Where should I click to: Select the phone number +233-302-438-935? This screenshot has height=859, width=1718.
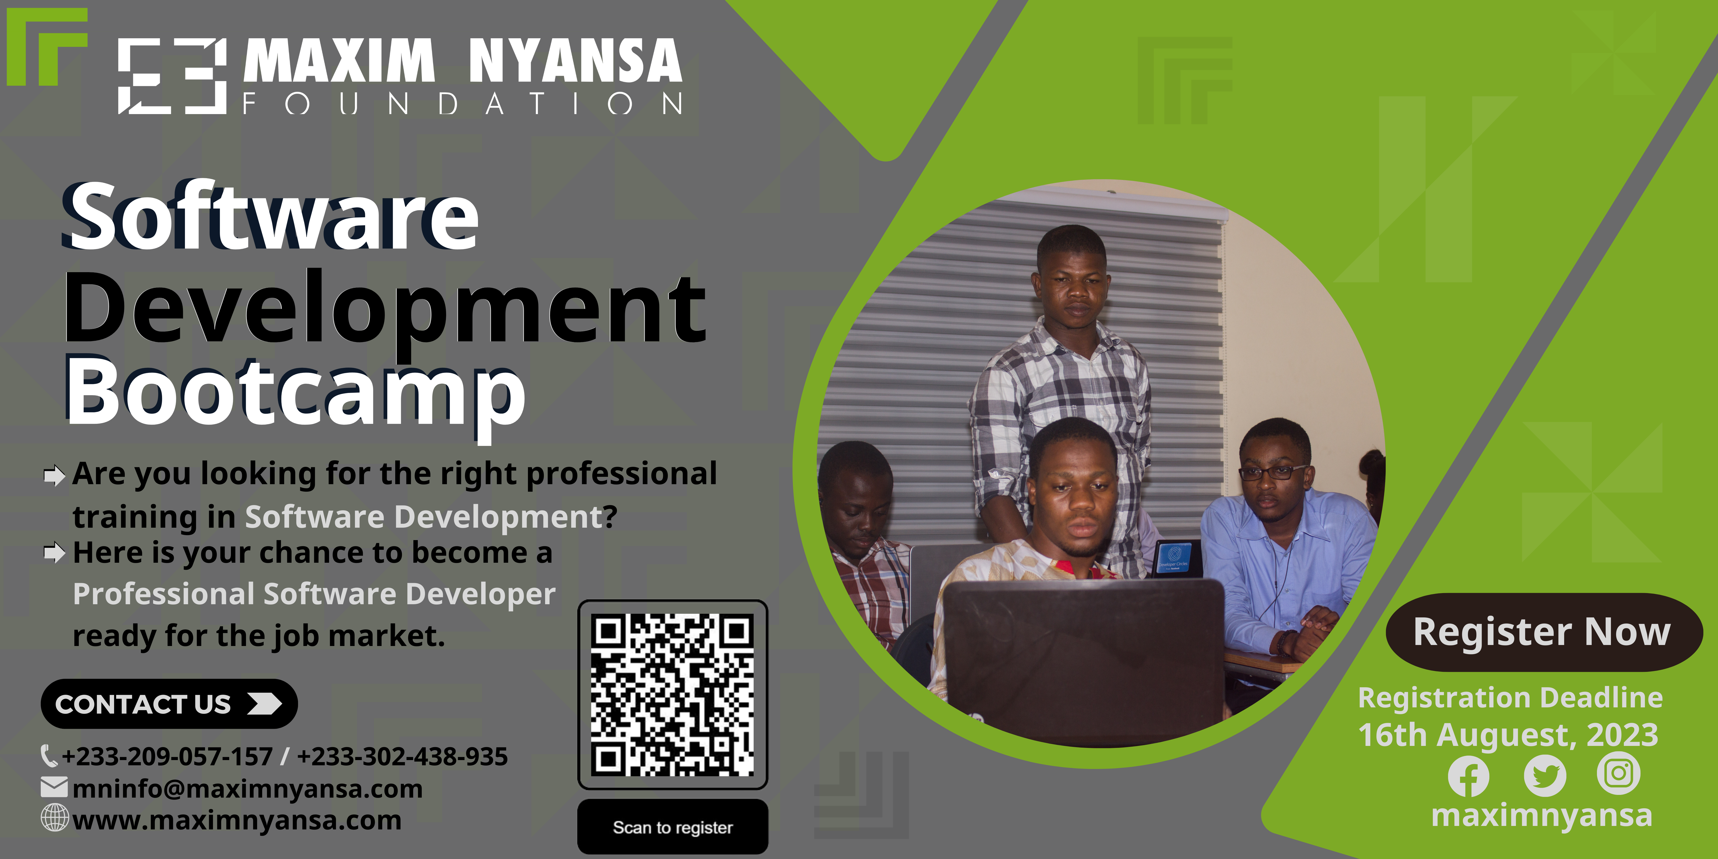[402, 756]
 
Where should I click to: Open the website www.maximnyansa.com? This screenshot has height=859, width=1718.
[237, 820]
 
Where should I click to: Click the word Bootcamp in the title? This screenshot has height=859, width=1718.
[296, 393]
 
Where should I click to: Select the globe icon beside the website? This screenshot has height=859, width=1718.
[55, 818]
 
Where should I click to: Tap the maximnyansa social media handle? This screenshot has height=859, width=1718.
[1542, 815]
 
